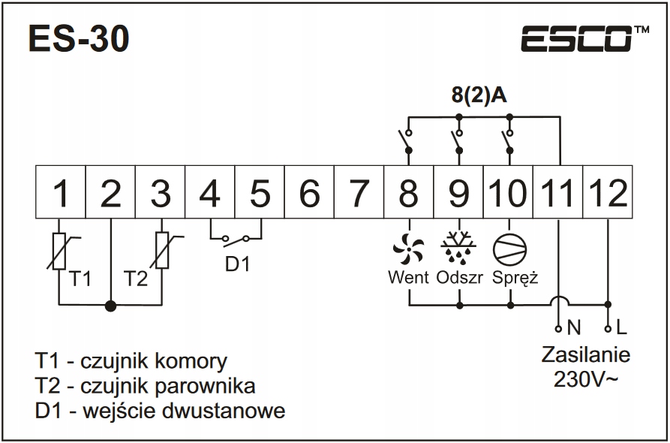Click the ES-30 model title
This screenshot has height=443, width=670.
coord(78,39)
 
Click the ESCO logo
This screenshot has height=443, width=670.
coord(577,38)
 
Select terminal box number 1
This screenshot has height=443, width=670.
coord(62,194)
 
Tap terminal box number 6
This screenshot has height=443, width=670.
coord(309,194)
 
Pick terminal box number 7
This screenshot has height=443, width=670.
coord(359,194)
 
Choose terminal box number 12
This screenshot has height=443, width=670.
coord(608,194)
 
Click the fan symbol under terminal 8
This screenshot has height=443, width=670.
coord(409,246)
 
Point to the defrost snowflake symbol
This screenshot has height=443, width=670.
coord(458,246)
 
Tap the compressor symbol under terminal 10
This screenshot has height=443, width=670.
coord(509,246)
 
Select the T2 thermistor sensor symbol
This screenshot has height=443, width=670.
coord(161,251)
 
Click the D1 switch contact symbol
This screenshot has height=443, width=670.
coord(236,240)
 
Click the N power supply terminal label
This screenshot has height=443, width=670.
coord(575,328)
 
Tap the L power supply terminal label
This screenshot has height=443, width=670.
coord(620,328)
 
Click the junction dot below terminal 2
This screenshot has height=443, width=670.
coord(111,305)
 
